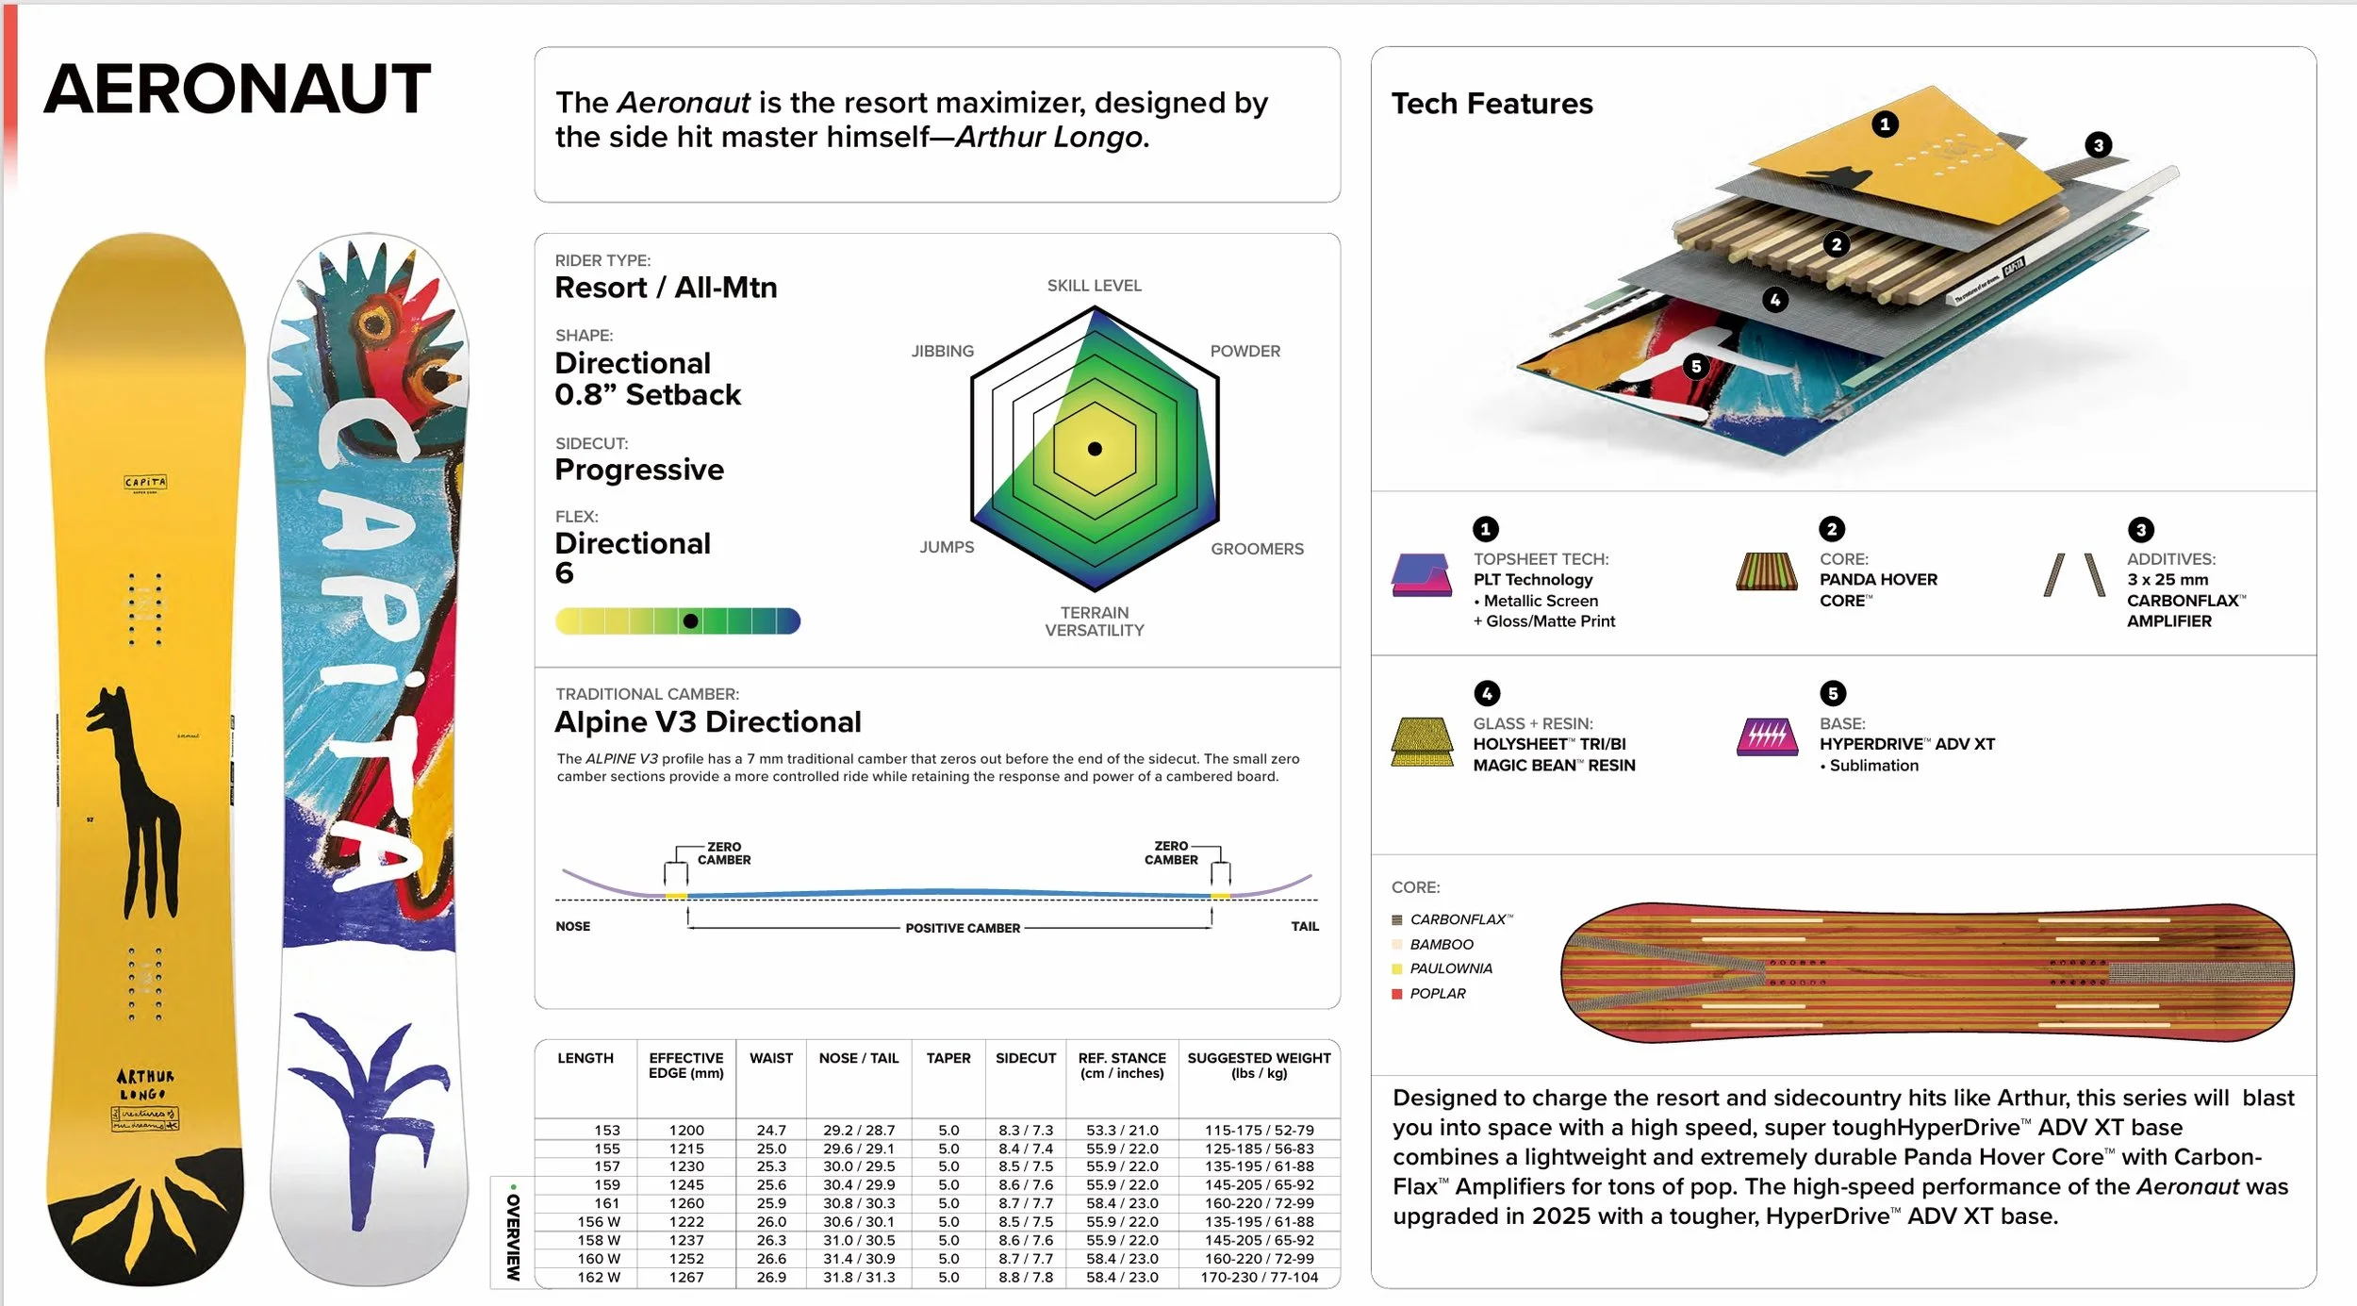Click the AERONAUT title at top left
coord(237,89)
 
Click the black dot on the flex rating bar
coord(690,621)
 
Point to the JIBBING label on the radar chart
coord(942,351)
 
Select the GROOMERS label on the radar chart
coord(1257,549)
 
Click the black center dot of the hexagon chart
coord(1095,449)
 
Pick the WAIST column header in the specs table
coord(770,1058)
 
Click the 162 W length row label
coord(599,1277)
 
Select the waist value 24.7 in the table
coord(770,1130)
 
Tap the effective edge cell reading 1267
coord(686,1277)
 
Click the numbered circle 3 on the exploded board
coord(2098,145)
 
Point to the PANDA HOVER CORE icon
coord(1766,571)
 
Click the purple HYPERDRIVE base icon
coord(1766,737)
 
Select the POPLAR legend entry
coord(1437,993)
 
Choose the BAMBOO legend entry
coord(1441,944)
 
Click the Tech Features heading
coord(1492,104)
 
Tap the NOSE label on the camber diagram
coord(572,926)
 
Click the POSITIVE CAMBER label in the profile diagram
coord(962,928)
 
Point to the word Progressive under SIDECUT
coord(639,470)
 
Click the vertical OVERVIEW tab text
coord(513,1235)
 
